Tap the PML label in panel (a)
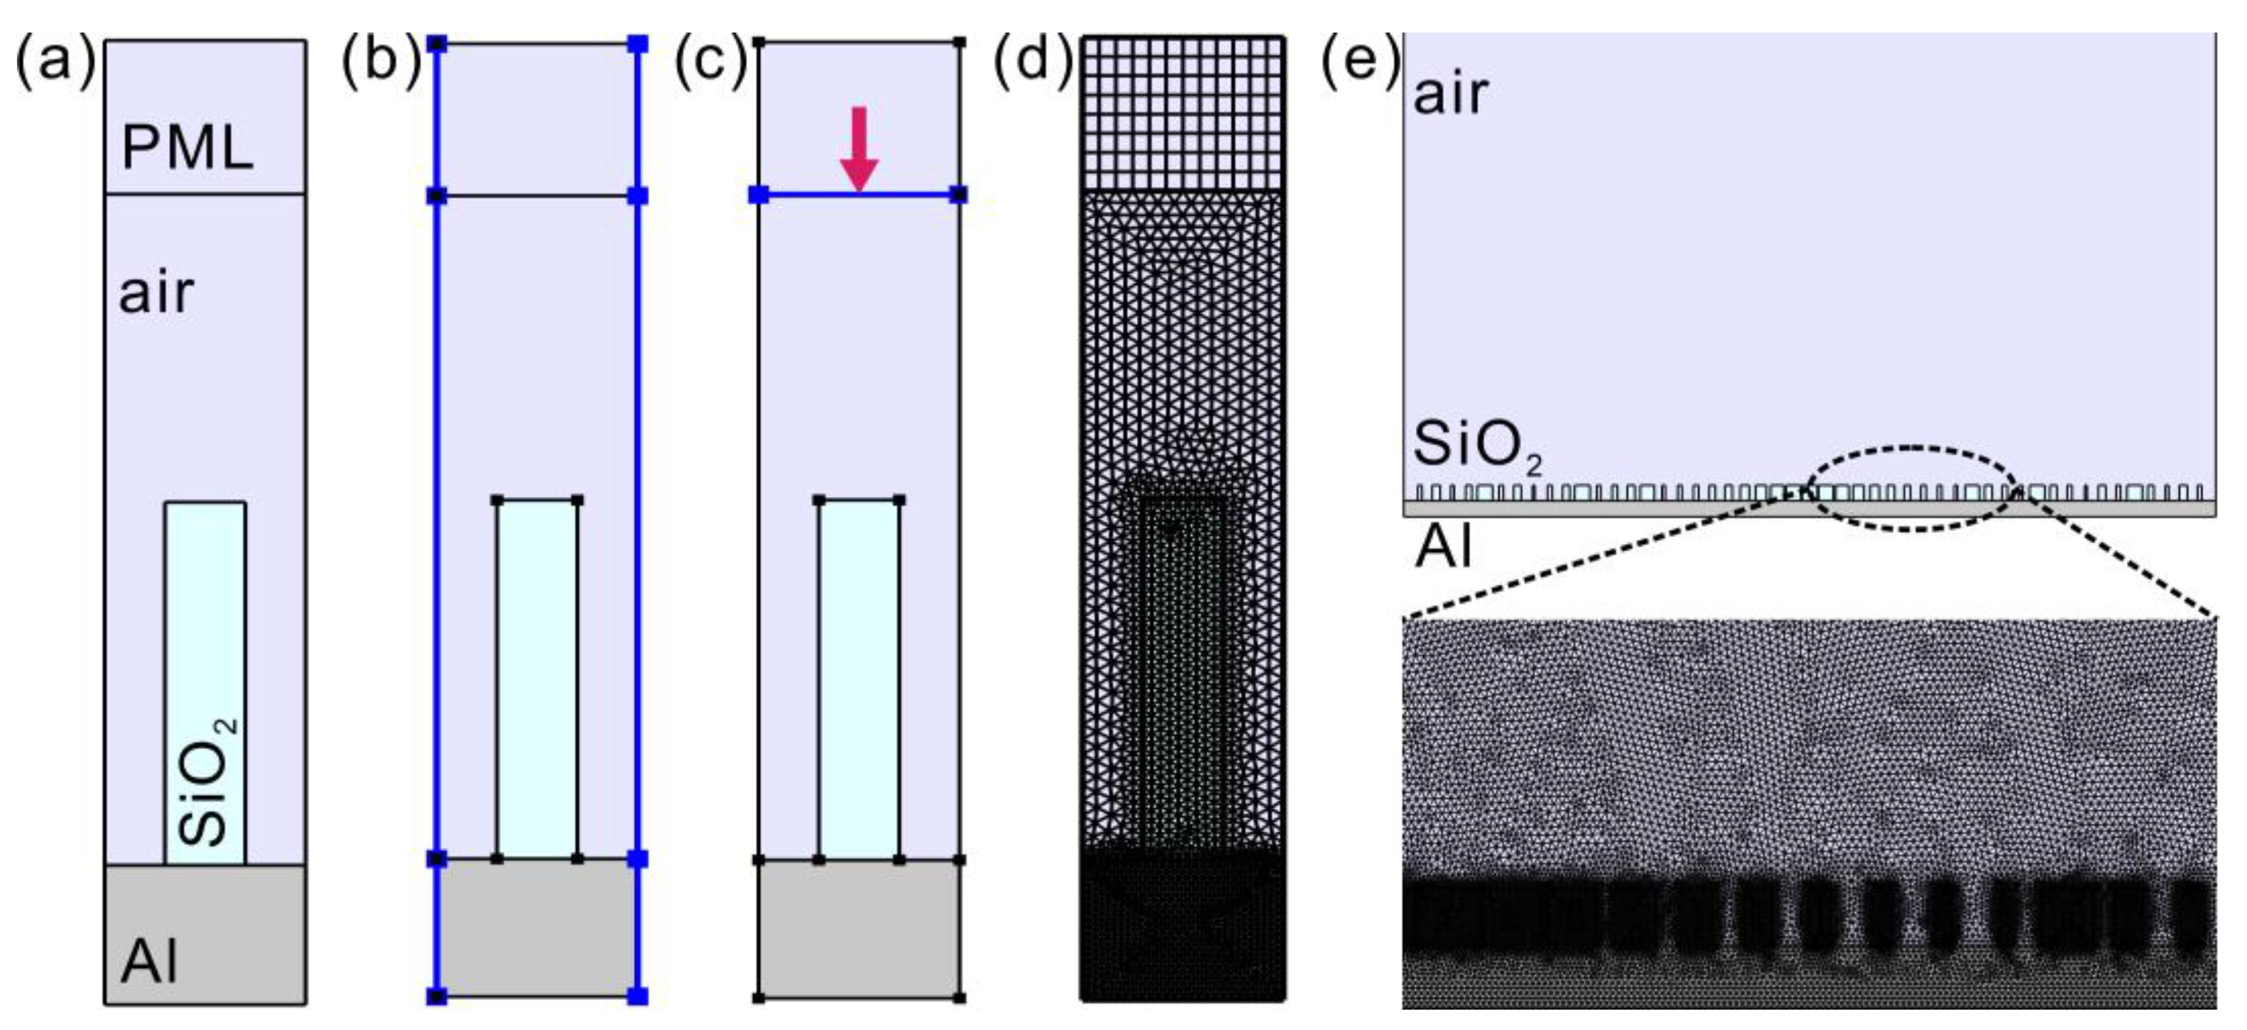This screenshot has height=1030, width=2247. pyautogui.click(x=187, y=146)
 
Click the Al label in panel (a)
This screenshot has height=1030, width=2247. pyautogui.click(x=150, y=961)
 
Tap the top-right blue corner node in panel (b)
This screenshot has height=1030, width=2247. pyautogui.click(x=638, y=43)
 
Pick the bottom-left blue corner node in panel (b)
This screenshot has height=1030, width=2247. pyautogui.click(x=437, y=995)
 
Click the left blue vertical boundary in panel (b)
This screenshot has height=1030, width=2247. pyautogui.click(x=437, y=523)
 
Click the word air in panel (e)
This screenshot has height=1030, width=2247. pyautogui.click(x=1451, y=94)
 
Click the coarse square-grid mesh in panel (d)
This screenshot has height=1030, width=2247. pyautogui.click(x=1183, y=113)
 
